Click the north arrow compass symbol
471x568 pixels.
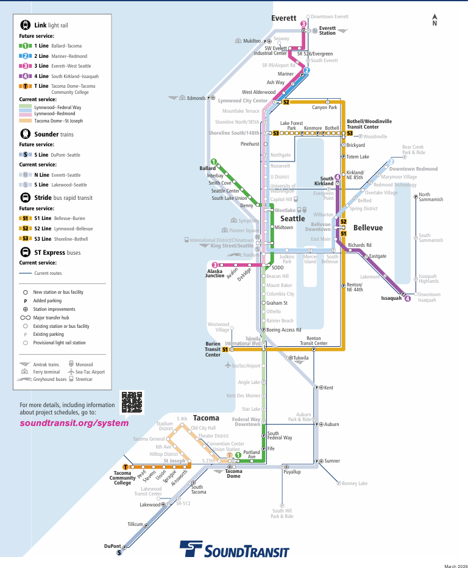434,20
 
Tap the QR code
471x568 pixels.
132,400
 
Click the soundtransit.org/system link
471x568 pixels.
74,423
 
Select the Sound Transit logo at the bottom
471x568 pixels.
234,550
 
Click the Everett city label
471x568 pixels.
283,18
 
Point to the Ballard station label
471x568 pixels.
208,168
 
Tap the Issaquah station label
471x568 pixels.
391,298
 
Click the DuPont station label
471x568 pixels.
113,546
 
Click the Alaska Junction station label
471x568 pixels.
214,273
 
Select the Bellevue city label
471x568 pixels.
368,227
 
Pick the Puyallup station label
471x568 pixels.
292,472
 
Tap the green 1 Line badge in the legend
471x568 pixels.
25,46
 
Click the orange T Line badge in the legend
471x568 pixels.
25,87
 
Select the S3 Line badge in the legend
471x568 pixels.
25,238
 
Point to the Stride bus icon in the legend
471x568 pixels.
26,197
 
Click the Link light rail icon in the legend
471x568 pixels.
26,26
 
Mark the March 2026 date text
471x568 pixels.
453,564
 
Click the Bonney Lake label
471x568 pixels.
354,483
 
